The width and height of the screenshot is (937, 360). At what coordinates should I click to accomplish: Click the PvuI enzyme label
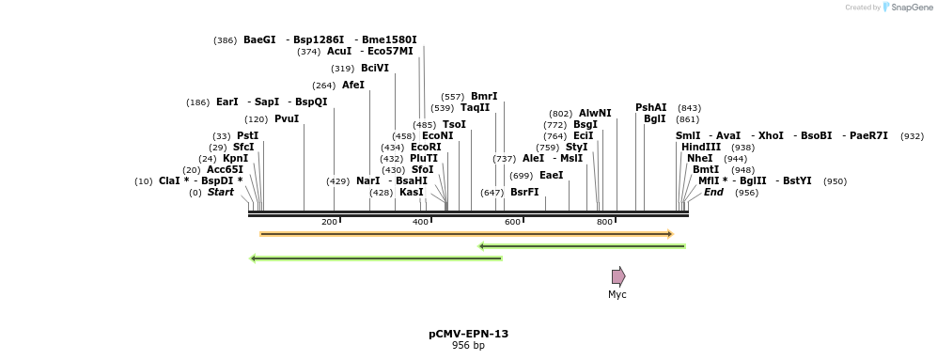click(x=286, y=119)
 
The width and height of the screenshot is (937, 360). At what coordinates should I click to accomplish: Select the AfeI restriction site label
click(x=352, y=85)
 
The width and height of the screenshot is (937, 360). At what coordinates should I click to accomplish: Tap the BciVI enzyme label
click(x=374, y=68)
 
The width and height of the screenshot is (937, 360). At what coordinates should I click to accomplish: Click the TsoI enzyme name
click(x=454, y=124)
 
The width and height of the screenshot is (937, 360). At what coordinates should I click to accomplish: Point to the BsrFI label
click(x=524, y=192)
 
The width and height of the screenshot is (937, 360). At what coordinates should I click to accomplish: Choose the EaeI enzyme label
click(x=551, y=175)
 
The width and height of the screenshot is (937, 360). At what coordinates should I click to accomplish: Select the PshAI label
click(x=650, y=107)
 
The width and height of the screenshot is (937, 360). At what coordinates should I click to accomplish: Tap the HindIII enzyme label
click(x=701, y=148)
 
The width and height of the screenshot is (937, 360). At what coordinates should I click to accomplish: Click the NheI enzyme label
click(x=700, y=159)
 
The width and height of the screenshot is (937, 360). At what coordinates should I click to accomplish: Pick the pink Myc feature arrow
click(x=617, y=276)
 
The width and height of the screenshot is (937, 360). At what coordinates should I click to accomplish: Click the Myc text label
click(x=617, y=295)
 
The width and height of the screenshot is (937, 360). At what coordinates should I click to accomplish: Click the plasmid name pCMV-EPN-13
click(x=468, y=334)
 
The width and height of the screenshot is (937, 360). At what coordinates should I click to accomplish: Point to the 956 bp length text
click(x=468, y=346)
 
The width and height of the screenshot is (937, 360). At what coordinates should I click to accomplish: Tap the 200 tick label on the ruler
click(x=329, y=222)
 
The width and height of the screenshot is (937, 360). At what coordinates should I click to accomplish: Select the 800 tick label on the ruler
click(x=605, y=222)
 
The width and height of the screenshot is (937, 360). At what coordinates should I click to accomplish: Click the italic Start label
click(x=220, y=193)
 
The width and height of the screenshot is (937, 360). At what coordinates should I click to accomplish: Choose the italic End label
click(x=713, y=193)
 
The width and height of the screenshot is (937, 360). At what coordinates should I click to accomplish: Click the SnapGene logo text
click(x=907, y=8)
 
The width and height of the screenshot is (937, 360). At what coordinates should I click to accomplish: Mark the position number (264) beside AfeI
click(x=323, y=86)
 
